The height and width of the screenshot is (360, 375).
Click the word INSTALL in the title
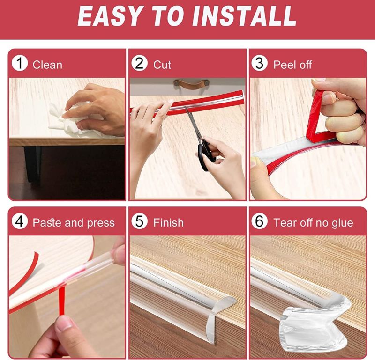(x=244, y=16)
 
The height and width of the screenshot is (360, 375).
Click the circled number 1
(x=20, y=63)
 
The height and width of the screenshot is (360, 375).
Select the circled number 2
(x=139, y=63)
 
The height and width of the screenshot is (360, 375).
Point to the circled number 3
(x=260, y=63)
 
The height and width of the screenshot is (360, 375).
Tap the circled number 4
(x=20, y=221)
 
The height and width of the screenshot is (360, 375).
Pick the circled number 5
(x=139, y=221)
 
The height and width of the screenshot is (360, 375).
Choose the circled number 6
(x=260, y=221)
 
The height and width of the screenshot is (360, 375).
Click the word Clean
(x=47, y=65)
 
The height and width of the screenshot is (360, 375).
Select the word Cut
(x=162, y=65)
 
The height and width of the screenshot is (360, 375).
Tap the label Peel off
(x=292, y=65)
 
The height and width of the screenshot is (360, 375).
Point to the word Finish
(x=169, y=223)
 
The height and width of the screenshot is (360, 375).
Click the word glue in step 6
(x=342, y=223)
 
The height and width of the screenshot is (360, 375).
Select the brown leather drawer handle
(x=191, y=84)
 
